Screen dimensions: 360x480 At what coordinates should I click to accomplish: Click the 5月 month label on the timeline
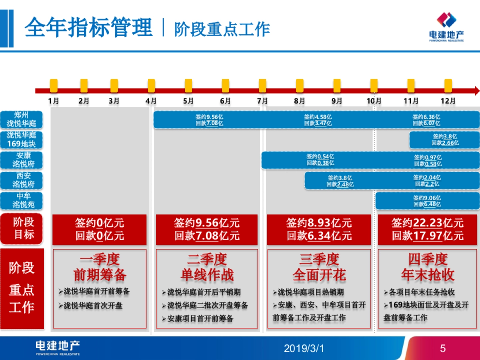click(x=188, y=101)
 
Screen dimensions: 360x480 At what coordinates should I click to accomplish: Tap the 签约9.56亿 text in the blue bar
click(x=209, y=117)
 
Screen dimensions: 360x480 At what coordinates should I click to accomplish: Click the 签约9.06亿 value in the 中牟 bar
click(x=427, y=198)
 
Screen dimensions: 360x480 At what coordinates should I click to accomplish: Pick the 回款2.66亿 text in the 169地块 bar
click(x=445, y=143)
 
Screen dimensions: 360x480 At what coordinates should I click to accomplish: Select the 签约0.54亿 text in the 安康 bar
click(x=320, y=156)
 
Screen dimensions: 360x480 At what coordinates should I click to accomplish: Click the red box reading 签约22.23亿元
click(x=428, y=229)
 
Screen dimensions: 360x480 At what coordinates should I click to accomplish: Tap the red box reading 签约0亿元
click(x=100, y=229)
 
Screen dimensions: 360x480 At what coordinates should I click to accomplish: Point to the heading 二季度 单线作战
click(x=207, y=267)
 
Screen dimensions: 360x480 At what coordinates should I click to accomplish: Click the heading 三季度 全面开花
click(x=319, y=267)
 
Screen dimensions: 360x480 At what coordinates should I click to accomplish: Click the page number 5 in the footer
click(x=442, y=348)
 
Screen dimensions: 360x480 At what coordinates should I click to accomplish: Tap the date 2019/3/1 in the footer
click(x=304, y=348)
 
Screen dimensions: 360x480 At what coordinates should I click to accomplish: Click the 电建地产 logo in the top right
click(x=446, y=26)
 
